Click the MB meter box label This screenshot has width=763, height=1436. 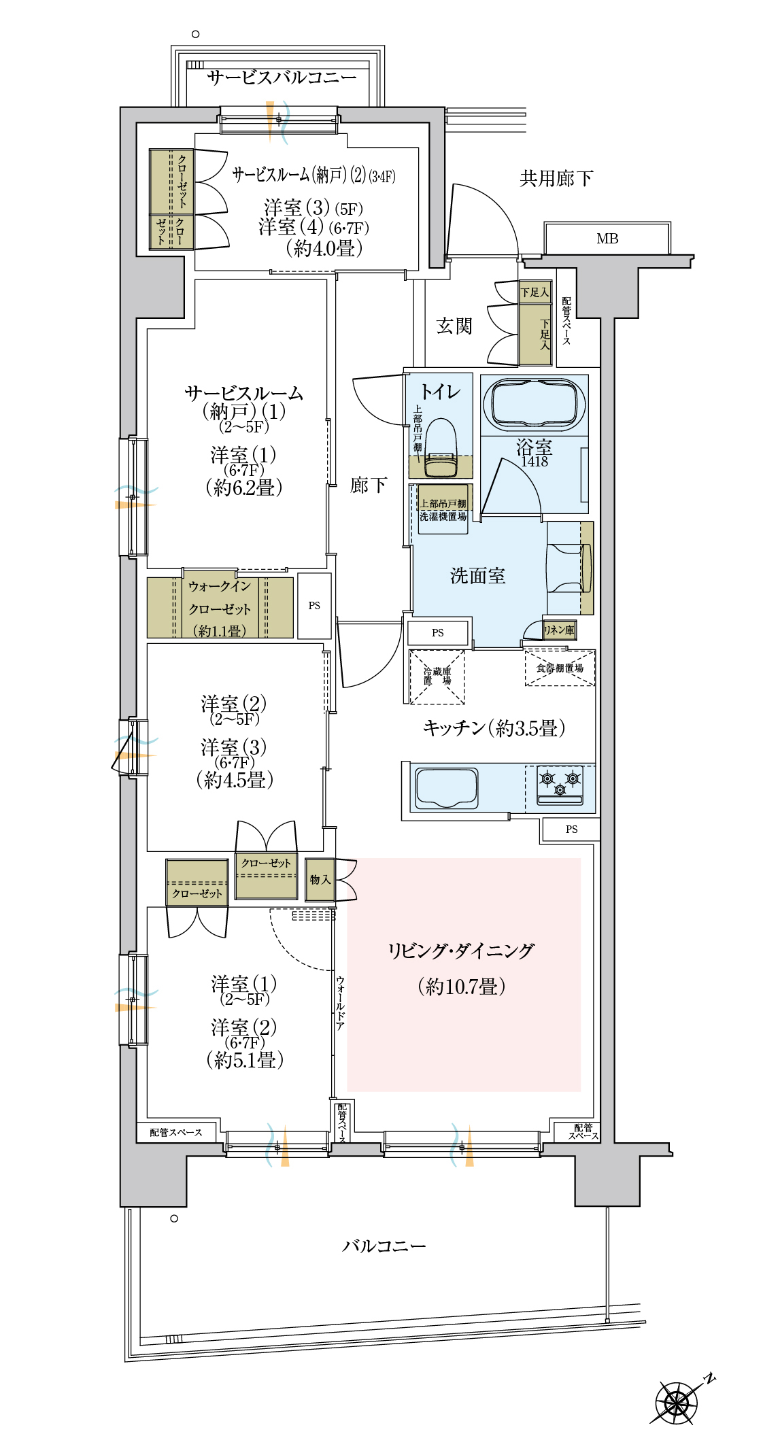(607, 239)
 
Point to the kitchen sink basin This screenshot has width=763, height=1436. (446, 789)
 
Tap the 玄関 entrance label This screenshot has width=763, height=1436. (454, 326)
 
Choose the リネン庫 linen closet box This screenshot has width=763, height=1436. (559, 630)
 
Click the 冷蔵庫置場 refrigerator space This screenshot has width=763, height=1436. (437, 677)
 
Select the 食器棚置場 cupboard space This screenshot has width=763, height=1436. (560, 668)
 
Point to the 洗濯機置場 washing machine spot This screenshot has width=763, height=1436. (443, 509)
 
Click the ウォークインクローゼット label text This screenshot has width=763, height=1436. (220, 608)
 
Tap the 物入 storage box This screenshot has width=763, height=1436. (320, 880)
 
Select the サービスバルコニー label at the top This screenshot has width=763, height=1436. (282, 78)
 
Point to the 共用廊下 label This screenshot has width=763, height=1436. (556, 179)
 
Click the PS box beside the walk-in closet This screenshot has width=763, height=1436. (314, 606)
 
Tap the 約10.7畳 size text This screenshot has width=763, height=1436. (462, 987)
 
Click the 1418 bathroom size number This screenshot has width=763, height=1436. (535, 462)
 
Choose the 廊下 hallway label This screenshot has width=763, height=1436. (369, 485)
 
